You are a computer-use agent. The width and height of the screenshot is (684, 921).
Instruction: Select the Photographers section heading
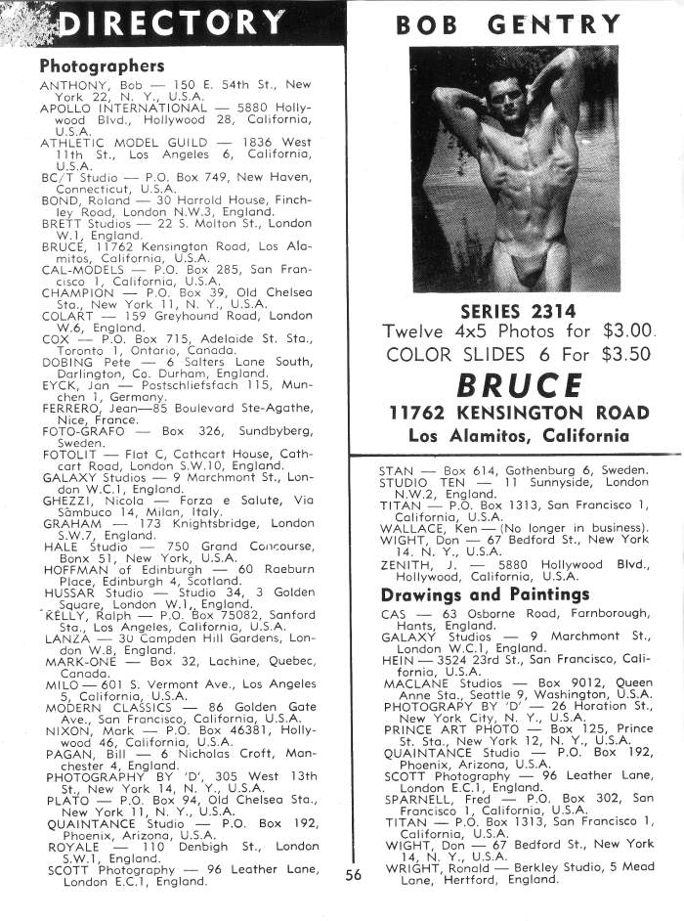tap(102, 66)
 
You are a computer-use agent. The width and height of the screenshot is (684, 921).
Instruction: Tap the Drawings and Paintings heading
tap(485, 594)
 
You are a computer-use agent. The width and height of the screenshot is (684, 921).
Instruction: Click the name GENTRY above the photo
tap(563, 24)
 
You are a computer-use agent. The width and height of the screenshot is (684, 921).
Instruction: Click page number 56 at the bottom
tap(354, 876)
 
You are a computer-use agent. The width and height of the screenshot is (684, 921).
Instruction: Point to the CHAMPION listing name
tap(77, 291)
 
